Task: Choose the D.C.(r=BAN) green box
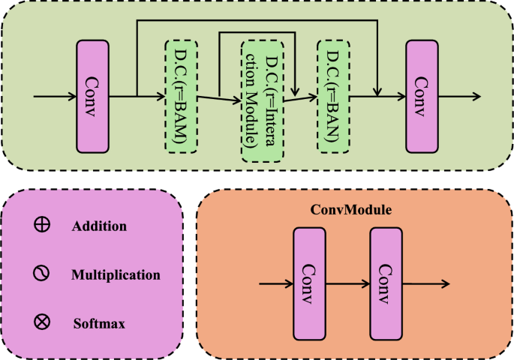[x=335, y=95]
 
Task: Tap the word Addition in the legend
[x=99, y=226]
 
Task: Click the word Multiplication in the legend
[x=116, y=274]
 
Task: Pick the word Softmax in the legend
[x=98, y=324]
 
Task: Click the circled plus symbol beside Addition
[x=42, y=224]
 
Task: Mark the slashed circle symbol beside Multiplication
[x=42, y=274]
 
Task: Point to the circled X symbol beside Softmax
[x=42, y=323]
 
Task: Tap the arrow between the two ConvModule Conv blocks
[x=347, y=283]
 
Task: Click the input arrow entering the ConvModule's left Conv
[x=275, y=283]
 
